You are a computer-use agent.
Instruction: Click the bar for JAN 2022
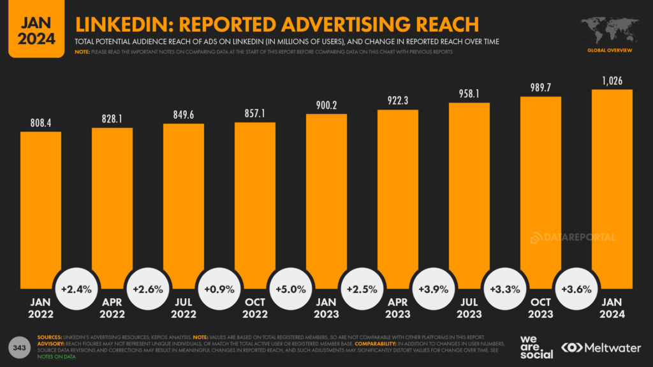[41, 210]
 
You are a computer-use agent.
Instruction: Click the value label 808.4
[41, 121]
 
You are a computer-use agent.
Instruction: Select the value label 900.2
[326, 104]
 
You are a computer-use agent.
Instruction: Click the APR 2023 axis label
[398, 308]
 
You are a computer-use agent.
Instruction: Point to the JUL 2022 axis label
[184, 308]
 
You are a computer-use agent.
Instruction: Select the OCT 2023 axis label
[541, 308]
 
